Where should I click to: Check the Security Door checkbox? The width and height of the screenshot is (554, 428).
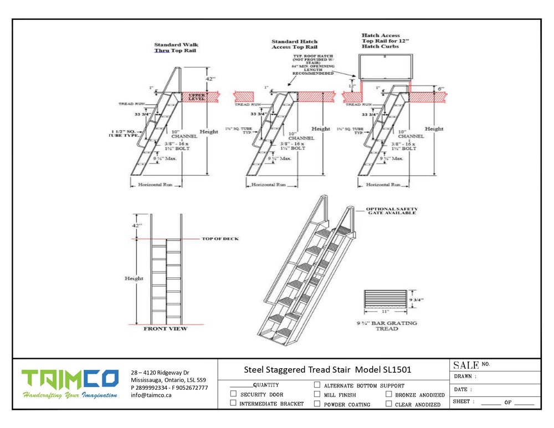[233, 394]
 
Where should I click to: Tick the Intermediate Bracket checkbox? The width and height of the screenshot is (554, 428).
[233, 403]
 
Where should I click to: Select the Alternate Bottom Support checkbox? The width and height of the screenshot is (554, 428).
[317, 385]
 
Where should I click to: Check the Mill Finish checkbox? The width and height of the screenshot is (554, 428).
[317, 394]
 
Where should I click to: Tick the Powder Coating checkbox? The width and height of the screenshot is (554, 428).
[317, 404]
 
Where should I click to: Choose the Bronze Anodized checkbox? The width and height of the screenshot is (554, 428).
[388, 394]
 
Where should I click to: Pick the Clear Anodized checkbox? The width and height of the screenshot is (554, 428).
[388, 404]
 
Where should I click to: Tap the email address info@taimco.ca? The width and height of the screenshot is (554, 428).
[151, 395]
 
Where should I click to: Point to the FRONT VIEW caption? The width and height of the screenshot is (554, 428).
[166, 329]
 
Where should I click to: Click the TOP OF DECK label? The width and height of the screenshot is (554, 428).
[220, 239]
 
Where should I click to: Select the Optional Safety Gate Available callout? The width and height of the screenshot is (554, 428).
[392, 212]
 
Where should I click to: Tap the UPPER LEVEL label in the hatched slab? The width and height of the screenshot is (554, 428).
[197, 97]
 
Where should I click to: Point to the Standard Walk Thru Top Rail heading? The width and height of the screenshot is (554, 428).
[176, 48]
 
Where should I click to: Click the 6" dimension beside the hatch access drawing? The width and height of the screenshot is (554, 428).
[440, 88]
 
